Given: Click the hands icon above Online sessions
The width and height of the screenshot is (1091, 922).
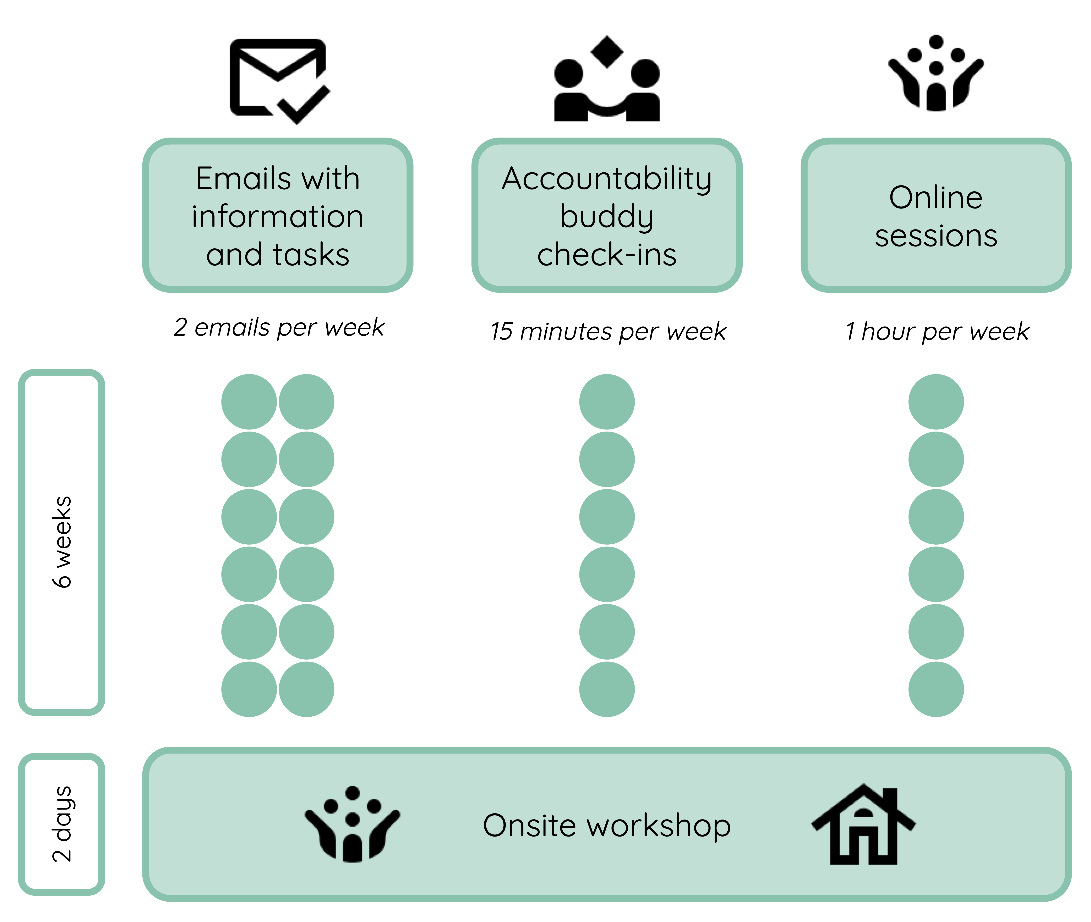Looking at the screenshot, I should [x=936, y=73].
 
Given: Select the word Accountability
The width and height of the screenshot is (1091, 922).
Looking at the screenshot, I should [x=607, y=179].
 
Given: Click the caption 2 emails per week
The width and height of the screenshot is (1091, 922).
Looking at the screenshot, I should [x=279, y=328].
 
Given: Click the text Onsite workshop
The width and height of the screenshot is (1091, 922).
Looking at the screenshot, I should [x=607, y=826].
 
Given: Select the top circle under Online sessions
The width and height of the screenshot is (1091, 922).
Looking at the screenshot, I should [x=936, y=401].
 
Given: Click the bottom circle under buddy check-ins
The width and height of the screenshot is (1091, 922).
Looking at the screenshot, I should [x=607, y=689].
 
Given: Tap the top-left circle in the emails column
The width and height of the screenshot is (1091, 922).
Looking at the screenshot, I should [x=249, y=401].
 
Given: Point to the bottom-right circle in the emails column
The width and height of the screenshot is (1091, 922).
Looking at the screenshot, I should [x=306, y=689].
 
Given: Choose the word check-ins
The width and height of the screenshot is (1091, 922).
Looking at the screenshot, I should [x=607, y=255].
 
